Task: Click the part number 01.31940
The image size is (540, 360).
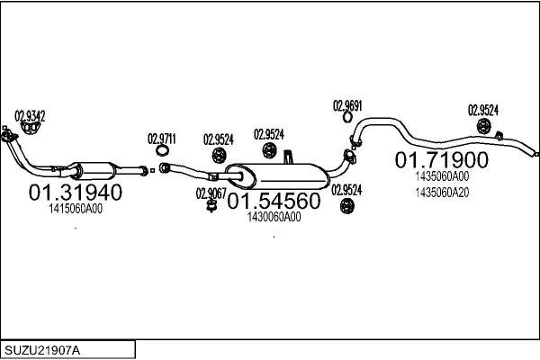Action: coord(76,193)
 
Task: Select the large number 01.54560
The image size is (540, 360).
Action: coord(273,202)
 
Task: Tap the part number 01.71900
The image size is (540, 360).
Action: coord(442,160)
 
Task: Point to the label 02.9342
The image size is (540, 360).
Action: coord(30,115)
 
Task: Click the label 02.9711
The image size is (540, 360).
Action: coord(162,139)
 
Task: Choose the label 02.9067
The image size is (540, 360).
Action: coord(211,192)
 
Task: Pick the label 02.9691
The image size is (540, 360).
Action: coord(347,104)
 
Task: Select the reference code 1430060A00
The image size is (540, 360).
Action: coord(274,217)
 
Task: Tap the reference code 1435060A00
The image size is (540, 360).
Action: coord(442,176)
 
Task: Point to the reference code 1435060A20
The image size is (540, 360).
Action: coord(442,192)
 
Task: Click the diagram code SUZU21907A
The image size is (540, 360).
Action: coord(46,348)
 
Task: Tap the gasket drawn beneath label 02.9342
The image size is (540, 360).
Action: coord(33,128)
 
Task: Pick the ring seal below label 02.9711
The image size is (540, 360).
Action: coord(163,168)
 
